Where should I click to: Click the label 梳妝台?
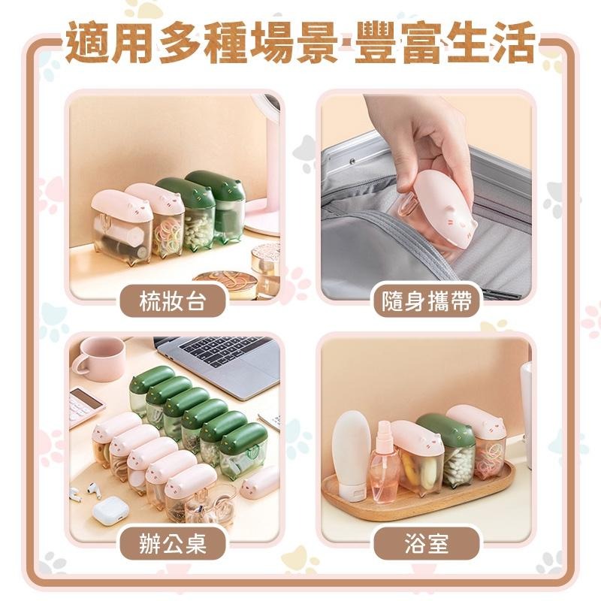coord(173,301)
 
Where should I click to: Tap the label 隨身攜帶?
coord(427,301)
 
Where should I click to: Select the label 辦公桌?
coord(173,543)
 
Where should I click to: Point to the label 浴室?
coord(427,543)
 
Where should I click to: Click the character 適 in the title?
coord(88,42)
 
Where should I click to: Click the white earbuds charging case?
coord(111,510)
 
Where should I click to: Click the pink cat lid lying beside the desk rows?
coord(261,480)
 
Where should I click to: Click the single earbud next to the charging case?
coord(93,489)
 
